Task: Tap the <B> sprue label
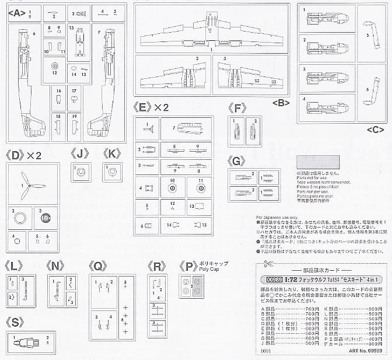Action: pyautogui.click(x=281, y=103)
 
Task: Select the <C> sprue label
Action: pyautogui.click(x=376, y=129)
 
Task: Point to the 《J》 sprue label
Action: pyautogui.click(x=80, y=153)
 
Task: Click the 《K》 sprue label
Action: pyautogui.click(x=112, y=153)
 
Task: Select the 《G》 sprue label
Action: pyautogui.click(x=237, y=161)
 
